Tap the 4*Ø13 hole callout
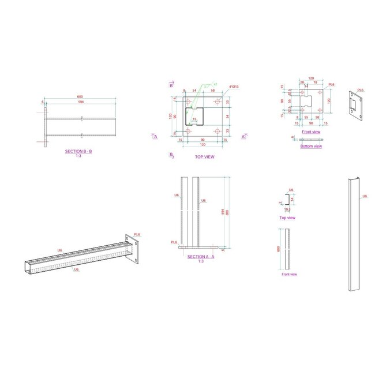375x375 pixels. click(234, 87)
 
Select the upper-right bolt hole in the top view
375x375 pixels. click(217, 102)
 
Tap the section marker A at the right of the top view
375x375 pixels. click(243, 137)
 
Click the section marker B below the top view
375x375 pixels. click(171, 155)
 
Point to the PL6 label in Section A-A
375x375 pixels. click(174, 242)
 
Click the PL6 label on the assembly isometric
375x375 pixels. click(137, 234)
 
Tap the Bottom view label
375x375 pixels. click(312, 146)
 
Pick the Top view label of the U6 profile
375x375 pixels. click(287, 217)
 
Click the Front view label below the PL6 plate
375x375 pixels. click(312, 132)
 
